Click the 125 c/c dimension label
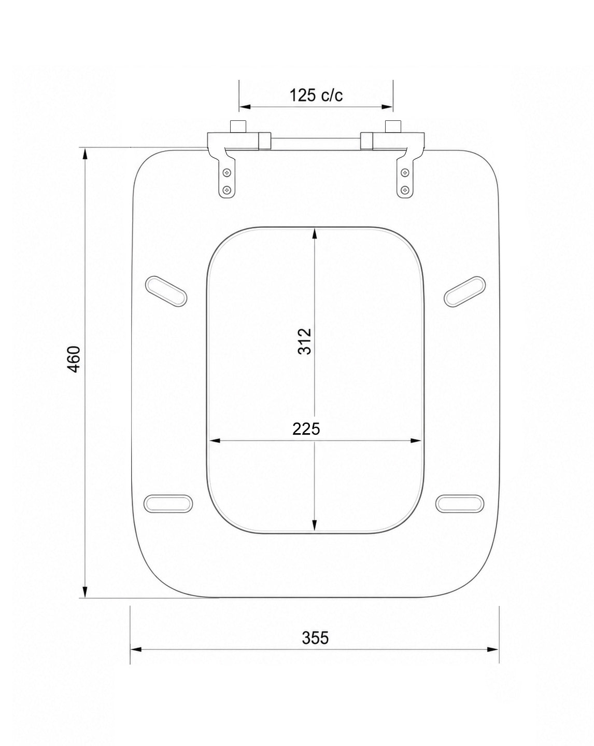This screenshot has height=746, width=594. tap(316, 95)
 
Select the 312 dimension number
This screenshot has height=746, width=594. tap(304, 341)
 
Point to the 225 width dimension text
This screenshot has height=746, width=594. tap(306, 429)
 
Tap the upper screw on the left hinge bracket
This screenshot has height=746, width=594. tap(227, 172)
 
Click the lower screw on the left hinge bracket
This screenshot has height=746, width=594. tap(227, 190)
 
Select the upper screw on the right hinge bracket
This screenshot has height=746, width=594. tap(405, 172)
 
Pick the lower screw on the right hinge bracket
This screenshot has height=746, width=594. tap(405, 190)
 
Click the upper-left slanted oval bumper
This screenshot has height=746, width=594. tap(166, 291)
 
